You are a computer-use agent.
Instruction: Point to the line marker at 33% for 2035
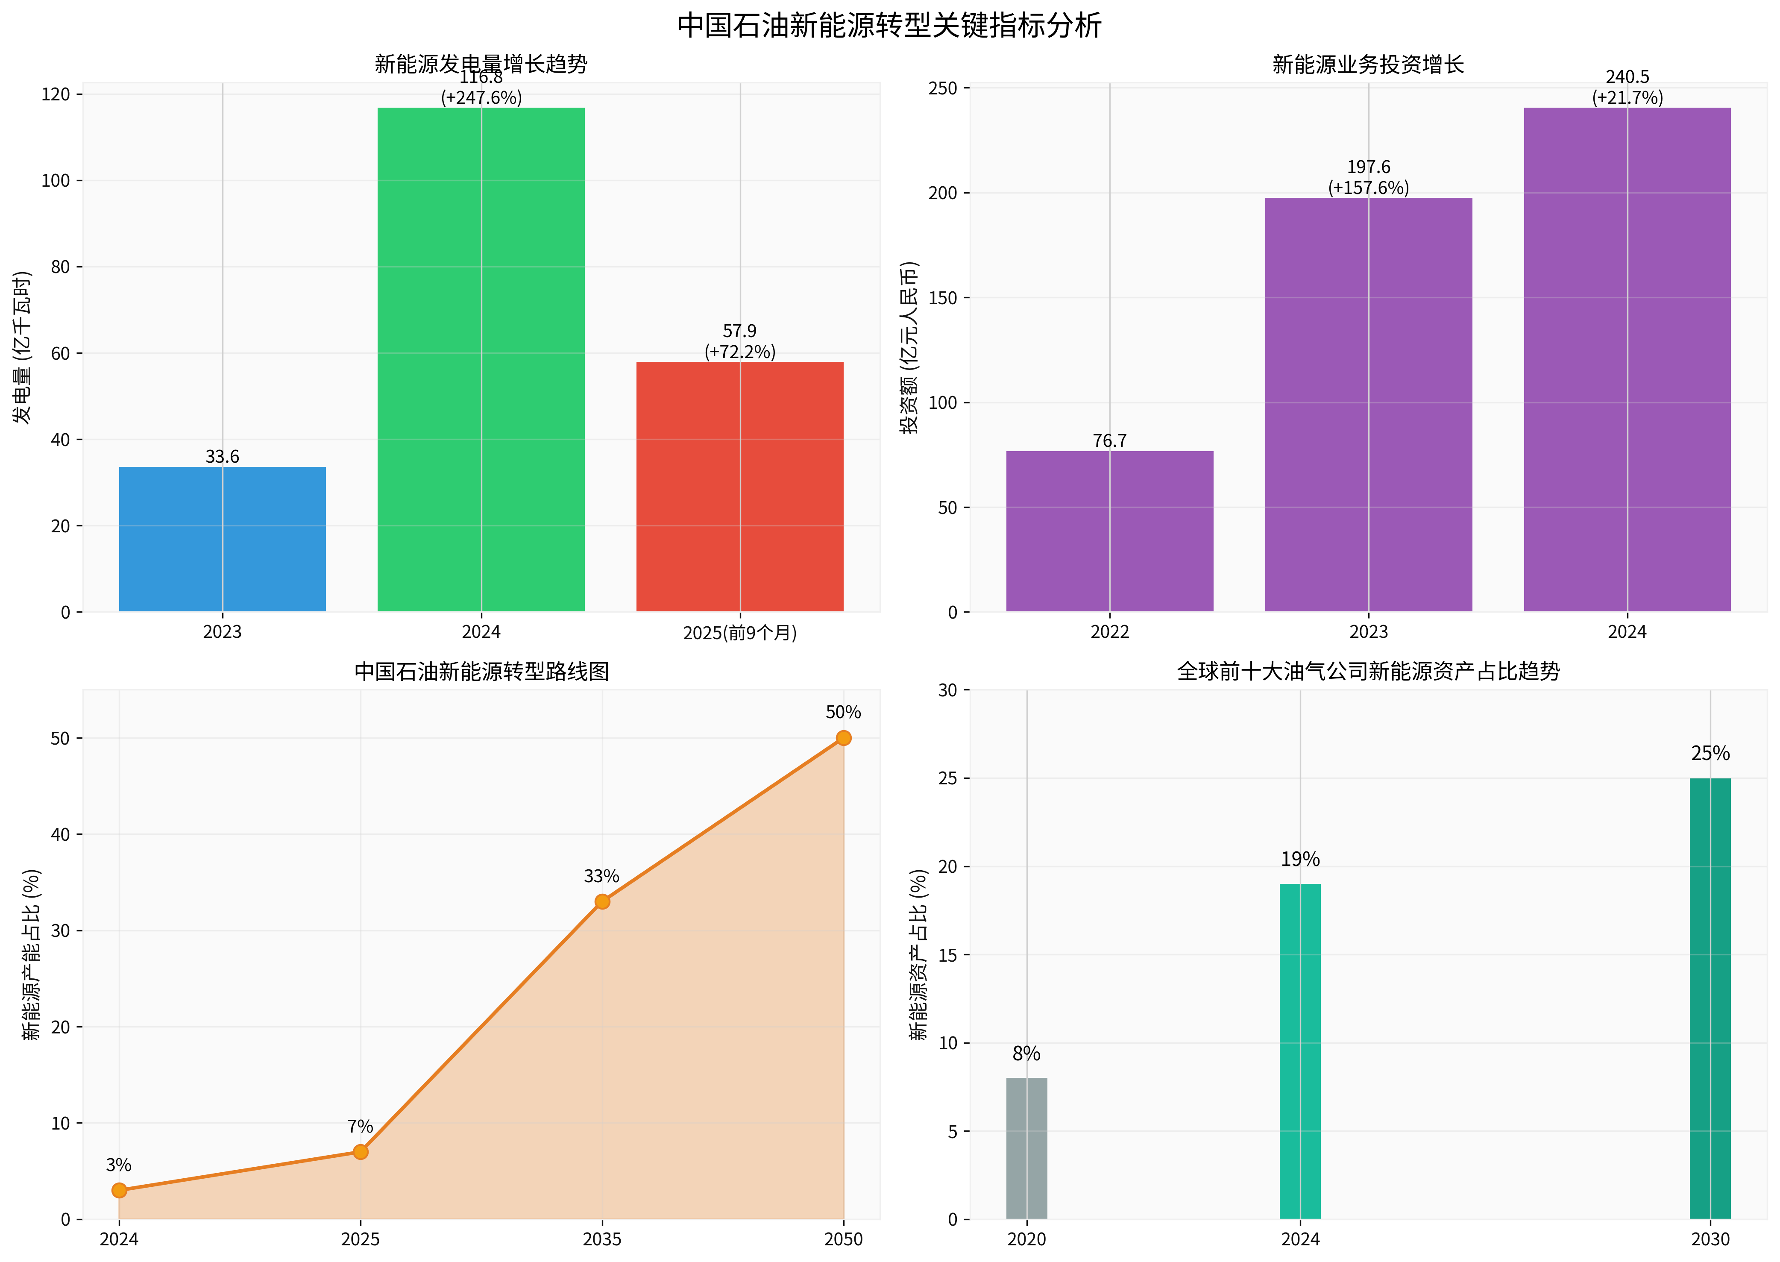point(601,901)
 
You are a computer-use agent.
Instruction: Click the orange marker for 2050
point(843,737)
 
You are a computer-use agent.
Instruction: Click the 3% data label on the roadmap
point(119,1165)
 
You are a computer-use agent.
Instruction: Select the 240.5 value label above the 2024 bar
point(1627,77)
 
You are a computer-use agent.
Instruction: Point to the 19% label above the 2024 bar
point(1300,860)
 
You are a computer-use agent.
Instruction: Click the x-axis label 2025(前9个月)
point(740,633)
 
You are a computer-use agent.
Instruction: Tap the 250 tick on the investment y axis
point(941,88)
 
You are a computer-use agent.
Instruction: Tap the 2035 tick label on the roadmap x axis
point(601,1239)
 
